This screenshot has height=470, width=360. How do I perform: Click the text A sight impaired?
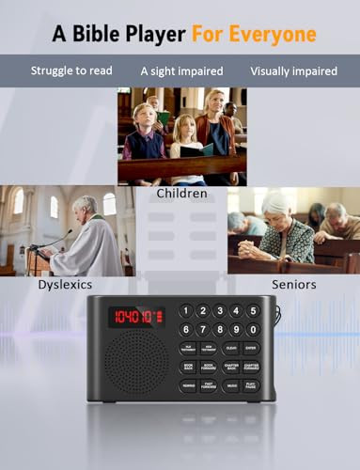pyautogui.click(x=181, y=70)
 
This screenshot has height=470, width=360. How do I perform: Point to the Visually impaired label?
pyautogui.click(x=294, y=70)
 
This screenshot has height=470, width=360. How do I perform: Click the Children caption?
pyautogui.click(x=181, y=194)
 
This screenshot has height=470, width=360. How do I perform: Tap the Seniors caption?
pyautogui.click(x=293, y=283)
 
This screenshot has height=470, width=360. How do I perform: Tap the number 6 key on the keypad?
pyautogui.click(x=187, y=329)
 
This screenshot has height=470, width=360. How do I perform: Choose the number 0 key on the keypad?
pyautogui.click(x=252, y=329)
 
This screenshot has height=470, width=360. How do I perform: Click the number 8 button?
pyautogui.click(x=219, y=329)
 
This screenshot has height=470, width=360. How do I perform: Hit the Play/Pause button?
pyautogui.click(x=252, y=385)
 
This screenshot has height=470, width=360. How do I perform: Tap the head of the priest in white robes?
pyautogui.click(x=88, y=206)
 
